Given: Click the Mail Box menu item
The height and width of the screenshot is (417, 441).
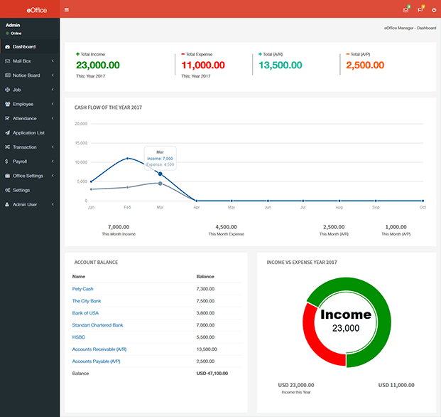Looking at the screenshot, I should pos(22,61).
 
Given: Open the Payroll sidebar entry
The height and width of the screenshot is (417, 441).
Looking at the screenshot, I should pos(20,162).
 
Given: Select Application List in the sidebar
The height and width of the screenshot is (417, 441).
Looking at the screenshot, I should pos(28,132).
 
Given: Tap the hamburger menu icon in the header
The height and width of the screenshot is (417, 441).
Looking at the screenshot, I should pos(67,10).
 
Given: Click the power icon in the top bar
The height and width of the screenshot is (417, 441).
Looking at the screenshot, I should pos(433,10).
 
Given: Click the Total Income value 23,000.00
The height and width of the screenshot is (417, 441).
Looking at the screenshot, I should pos(98,65).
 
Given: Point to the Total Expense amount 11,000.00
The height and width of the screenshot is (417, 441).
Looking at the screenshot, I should pos(203,65).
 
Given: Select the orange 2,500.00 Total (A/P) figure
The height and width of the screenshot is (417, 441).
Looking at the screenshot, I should pos(366,65).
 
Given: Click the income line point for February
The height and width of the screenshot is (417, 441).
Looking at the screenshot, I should pos(127,159).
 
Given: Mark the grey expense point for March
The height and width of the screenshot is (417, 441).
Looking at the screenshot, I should pos(160,184).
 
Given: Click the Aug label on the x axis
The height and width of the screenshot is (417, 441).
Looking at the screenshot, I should pos(339,207).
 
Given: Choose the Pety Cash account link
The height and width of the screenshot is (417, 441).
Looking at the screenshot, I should pos(83,289).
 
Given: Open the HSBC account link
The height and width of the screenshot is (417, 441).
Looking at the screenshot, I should pos(79,337).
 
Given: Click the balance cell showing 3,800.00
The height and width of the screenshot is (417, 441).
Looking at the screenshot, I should pos(205,313).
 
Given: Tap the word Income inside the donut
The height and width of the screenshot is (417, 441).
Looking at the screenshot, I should pos(346,315).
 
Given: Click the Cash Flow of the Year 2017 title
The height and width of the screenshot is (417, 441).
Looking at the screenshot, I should pos(109,107).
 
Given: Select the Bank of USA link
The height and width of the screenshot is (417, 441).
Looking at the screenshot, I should pos(85,313).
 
